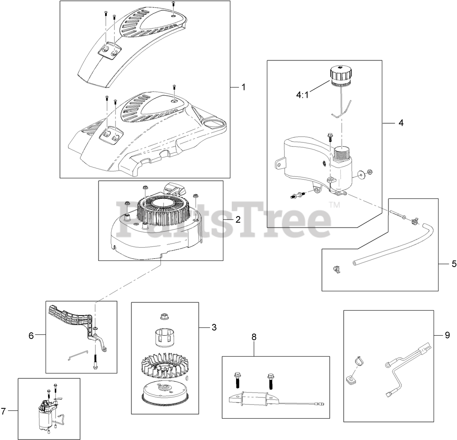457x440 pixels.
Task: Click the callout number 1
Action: point(243,87)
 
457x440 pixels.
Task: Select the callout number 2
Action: point(238,219)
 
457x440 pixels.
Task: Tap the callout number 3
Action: point(214,327)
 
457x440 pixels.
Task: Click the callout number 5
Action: point(454,264)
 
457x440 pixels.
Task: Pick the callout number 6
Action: point(31,335)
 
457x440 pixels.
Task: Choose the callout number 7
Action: point(3,411)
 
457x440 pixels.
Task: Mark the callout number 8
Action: point(254,337)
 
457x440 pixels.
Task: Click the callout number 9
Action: point(447,335)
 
